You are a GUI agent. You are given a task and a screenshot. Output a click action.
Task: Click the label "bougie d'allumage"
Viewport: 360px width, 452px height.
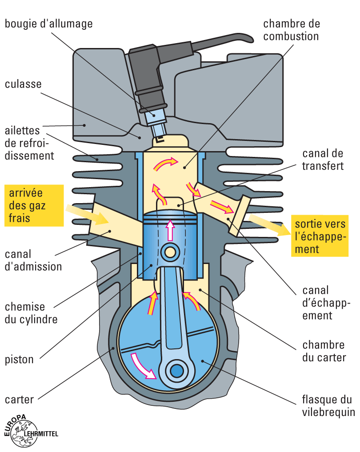(x=48, y=24)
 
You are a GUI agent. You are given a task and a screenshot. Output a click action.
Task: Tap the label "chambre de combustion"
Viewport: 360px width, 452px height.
(x=291, y=30)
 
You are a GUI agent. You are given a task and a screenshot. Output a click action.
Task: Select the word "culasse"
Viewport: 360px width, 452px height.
(x=23, y=84)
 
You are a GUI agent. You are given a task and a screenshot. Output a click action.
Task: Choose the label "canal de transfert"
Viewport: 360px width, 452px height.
(x=323, y=160)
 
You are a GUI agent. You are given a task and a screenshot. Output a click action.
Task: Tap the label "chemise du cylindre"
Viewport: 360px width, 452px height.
(x=31, y=313)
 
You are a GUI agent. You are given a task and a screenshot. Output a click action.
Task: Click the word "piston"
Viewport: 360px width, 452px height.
(x=19, y=359)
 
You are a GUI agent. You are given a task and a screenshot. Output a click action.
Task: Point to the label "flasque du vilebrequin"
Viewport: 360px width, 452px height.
(x=328, y=406)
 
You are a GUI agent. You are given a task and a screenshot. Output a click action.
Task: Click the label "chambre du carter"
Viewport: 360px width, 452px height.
(x=324, y=351)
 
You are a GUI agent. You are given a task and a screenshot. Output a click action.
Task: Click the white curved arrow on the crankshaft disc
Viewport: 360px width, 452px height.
(x=142, y=366)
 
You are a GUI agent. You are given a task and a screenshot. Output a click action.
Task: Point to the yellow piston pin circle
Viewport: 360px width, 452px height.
(x=169, y=252)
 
